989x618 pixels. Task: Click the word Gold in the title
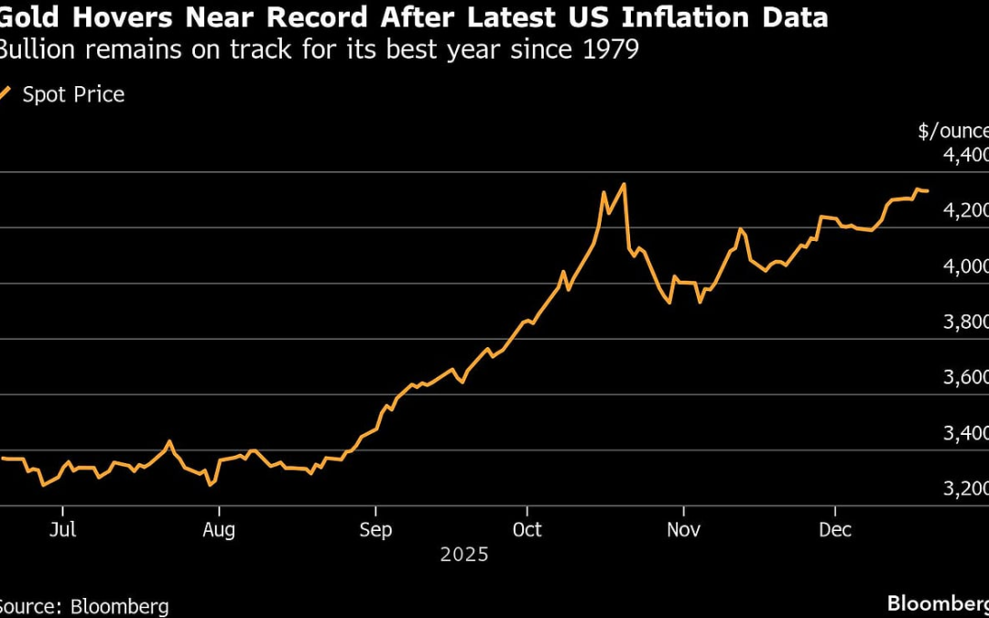[30, 17]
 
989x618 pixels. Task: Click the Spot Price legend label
[73, 94]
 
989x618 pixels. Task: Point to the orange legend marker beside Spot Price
[5, 93]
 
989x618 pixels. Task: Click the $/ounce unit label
[953, 131]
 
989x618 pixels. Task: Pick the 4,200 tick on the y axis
[965, 211]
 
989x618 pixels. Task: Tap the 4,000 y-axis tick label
[965, 267]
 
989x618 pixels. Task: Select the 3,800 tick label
[965, 323]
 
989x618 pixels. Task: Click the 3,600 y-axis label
[965, 378]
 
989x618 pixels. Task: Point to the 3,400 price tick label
[965, 434]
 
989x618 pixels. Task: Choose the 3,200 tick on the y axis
[965, 490]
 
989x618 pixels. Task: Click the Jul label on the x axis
[62, 530]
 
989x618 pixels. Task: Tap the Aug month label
[218, 530]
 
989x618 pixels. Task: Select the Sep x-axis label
[375, 530]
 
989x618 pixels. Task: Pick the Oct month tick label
[527, 530]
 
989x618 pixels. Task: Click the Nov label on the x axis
[683, 530]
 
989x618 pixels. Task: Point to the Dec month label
[835, 530]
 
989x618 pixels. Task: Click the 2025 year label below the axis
[464, 555]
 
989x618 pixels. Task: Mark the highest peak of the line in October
[624, 184]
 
